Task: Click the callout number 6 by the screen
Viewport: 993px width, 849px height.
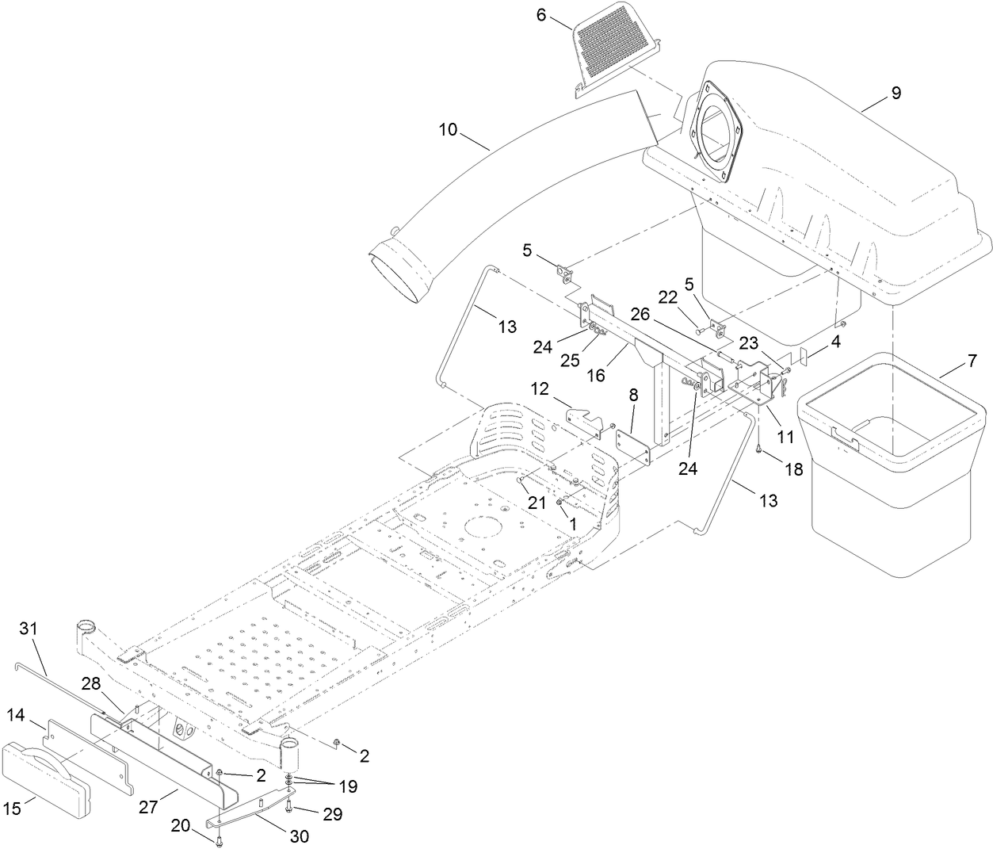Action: click(563, 14)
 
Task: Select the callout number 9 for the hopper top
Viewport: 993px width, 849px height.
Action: click(896, 94)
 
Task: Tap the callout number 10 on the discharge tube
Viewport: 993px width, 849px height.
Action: click(449, 128)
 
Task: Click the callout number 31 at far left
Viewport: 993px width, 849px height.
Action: click(29, 629)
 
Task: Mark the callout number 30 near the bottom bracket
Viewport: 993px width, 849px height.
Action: click(299, 836)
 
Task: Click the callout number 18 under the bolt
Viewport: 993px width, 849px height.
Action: click(793, 468)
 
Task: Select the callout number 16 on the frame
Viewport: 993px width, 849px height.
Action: click(595, 377)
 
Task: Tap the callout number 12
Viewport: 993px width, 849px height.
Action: click(540, 389)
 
